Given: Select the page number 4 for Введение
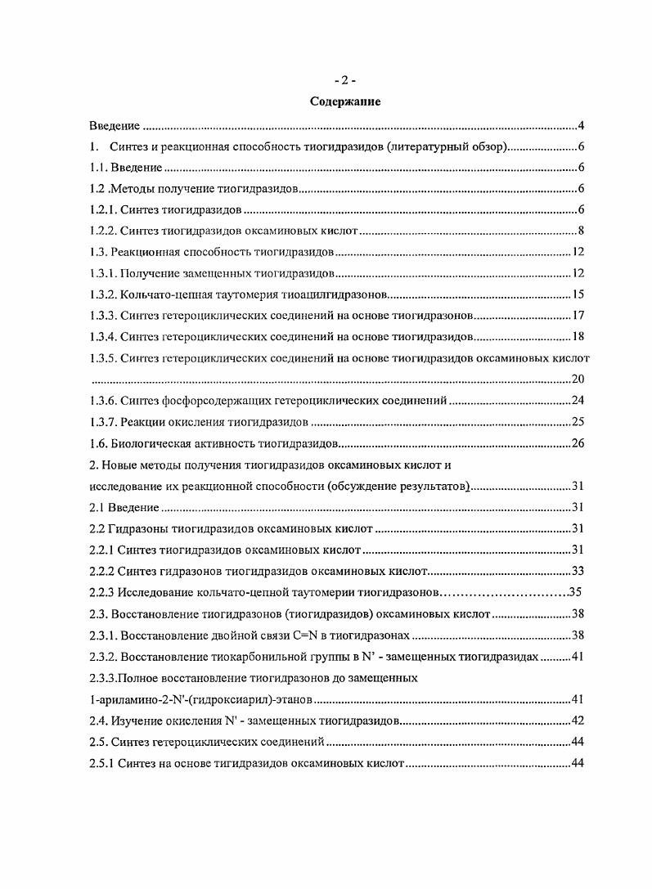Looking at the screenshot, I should click(x=579, y=126).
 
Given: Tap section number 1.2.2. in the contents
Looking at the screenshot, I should click(x=102, y=231).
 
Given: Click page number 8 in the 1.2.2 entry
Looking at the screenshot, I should click(x=579, y=231).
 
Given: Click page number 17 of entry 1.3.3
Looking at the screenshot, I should click(x=576, y=315).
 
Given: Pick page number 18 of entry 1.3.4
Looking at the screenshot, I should click(x=576, y=336).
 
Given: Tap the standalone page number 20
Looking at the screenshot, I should click(x=576, y=379).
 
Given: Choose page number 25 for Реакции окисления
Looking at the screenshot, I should click(x=576, y=422).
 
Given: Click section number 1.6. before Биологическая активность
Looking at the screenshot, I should click(x=98, y=443).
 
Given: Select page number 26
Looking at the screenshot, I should click(x=576, y=443).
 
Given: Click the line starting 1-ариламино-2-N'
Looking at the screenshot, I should click(x=201, y=699).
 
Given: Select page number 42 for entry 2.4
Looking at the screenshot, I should click(x=576, y=721).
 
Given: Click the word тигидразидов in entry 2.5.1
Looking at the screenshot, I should click(x=215, y=763).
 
